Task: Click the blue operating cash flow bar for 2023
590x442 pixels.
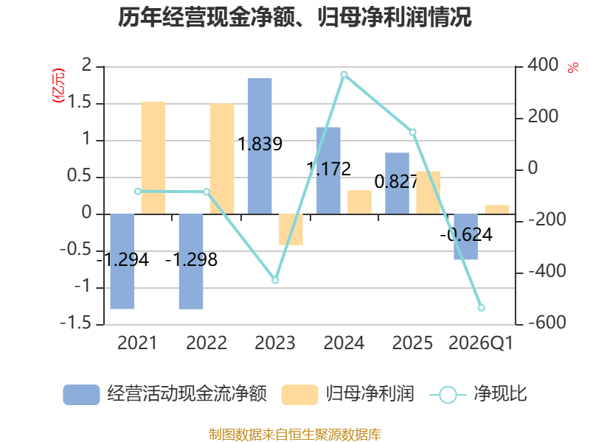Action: (260, 146)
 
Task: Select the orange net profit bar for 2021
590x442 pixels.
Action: (153, 158)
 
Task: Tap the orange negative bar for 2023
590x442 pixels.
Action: (291, 230)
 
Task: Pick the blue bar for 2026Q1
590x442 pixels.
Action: (466, 236)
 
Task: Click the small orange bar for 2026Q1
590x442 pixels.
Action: (496, 210)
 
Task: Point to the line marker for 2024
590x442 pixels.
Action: (344, 75)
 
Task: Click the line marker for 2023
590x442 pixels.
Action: (275, 281)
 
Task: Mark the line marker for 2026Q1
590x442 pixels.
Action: (482, 308)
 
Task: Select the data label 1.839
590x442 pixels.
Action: (260, 144)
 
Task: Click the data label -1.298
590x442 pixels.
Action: (191, 260)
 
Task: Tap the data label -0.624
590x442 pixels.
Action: (466, 235)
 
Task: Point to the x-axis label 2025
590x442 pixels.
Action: (412, 343)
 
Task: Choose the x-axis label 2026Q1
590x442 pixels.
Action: (481, 343)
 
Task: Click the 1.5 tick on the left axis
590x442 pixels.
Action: (80, 102)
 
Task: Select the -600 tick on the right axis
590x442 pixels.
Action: (547, 323)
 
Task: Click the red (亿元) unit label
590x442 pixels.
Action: (58, 85)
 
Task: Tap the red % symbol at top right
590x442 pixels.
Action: (573, 68)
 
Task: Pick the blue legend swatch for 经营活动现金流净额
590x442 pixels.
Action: (81, 395)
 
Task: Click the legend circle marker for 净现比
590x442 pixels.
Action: (448, 395)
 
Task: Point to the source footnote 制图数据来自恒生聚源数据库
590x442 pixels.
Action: (295, 435)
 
